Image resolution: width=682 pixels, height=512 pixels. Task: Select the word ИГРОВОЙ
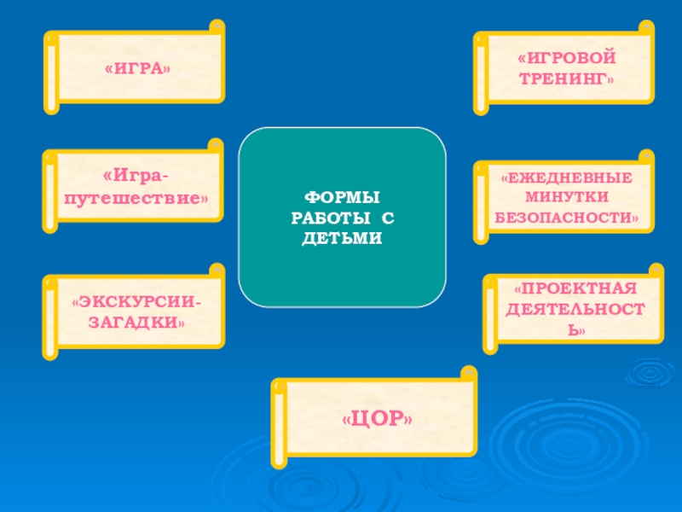tap(567, 59)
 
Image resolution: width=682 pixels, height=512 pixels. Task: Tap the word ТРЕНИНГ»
tap(566, 78)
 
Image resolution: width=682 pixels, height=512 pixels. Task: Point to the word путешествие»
tap(135, 197)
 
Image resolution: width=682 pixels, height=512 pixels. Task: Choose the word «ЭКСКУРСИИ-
tap(137, 305)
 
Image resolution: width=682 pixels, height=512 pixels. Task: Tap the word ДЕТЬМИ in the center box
tap(342, 236)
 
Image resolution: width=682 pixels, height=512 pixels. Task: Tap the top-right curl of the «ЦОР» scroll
tap(468, 374)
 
